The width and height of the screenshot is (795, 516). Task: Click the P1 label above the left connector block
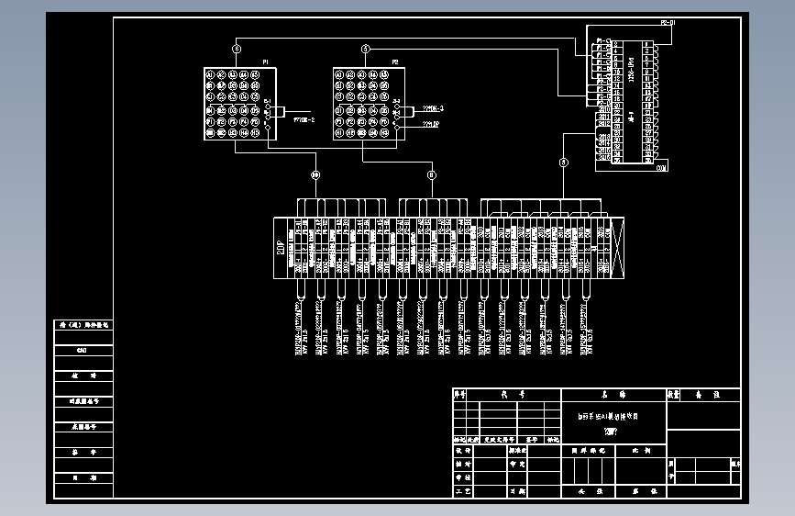click(x=266, y=62)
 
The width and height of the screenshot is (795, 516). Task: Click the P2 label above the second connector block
click(x=395, y=62)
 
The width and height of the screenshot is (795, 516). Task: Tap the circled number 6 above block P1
click(x=237, y=49)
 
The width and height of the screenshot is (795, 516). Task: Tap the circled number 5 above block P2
click(x=366, y=49)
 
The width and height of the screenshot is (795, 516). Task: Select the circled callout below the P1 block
click(x=315, y=174)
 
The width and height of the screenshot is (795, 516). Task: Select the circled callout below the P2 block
click(x=432, y=174)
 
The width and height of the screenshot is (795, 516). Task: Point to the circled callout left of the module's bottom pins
click(x=563, y=163)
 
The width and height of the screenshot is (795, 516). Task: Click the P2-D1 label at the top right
click(x=668, y=22)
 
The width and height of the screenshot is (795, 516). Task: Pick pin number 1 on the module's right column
click(x=648, y=43)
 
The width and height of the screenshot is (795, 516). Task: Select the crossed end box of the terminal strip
click(x=617, y=246)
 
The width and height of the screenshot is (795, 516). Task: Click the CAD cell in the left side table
click(x=82, y=351)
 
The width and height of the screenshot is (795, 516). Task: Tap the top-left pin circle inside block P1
click(x=210, y=75)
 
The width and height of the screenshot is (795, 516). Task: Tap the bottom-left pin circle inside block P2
click(x=339, y=134)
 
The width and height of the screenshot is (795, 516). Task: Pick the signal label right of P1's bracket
click(x=304, y=118)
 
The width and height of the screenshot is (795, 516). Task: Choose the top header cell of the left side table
click(x=83, y=324)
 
